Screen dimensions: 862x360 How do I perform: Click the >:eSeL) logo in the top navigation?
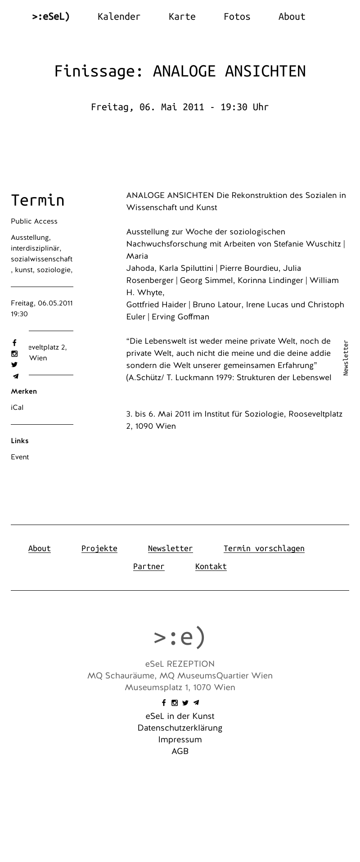(x=51, y=17)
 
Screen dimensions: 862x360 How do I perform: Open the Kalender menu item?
(x=119, y=17)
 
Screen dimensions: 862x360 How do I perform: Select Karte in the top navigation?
(x=182, y=17)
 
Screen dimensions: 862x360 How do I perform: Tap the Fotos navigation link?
(x=237, y=17)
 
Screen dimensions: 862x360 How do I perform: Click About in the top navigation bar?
(x=292, y=17)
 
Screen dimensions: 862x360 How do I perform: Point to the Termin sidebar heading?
(x=38, y=200)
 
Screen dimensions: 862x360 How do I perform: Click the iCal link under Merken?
(x=17, y=408)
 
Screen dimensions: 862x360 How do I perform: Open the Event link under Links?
(x=20, y=457)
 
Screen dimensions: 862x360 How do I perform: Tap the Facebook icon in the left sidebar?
(x=14, y=343)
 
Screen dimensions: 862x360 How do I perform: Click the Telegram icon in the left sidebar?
(x=15, y=376)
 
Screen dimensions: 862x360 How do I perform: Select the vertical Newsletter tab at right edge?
(x=346, y=358)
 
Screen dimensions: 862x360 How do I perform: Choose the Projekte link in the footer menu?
(x=99, y=548)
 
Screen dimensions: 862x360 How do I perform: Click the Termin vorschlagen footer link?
(x=264, y=548)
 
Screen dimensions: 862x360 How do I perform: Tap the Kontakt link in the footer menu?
(x=211, y=566)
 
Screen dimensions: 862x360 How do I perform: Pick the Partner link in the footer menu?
(x=148, y=566)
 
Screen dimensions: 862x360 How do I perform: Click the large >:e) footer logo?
(x=180, y=637)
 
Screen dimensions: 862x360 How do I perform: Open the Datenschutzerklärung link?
(x=180, y=728)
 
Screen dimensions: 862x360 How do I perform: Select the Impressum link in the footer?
(x=180, y=740)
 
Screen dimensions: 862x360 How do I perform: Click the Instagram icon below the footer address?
(x=175, y=703)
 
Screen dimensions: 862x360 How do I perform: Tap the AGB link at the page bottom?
(x=180, y=751)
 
